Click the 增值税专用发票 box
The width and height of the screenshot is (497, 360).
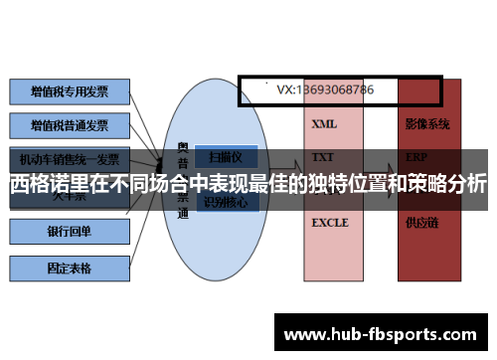pyautogui.click(x=69, y=91)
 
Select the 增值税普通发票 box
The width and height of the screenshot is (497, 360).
pyautogui.click(x=69, y=126)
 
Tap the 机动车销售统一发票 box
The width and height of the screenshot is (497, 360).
pyautogui.click(x=69, y=159)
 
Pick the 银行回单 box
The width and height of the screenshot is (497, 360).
pyautogui.click(x=69, y=232)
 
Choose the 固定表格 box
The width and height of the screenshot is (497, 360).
pyautogui.click(x=69, y=267)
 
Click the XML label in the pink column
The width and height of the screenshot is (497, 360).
pyautogui.click(x=324, y=124)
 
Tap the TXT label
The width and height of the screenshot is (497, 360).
pyautogui.click(x=323, y=157)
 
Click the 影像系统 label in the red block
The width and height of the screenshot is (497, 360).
pyautogui.click(x=427, y=124)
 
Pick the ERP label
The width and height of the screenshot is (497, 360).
pyautogui.click(x=416, y=157)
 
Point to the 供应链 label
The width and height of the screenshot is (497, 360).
pyautogui.click(x=420, y=223)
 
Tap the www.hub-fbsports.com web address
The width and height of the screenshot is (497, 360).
pyautogui.click(x=383, y=333)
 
